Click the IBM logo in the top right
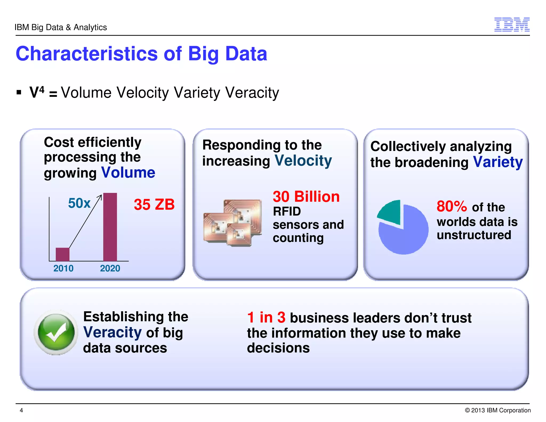512,25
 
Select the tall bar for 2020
110,227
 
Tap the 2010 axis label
63,268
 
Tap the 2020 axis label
110,268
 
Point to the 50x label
79,203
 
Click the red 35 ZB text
154,205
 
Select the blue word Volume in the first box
128,173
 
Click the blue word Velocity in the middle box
303,161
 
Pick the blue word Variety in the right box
498,162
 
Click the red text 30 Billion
306,197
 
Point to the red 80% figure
452,206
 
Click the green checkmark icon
56,332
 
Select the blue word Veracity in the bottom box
112,332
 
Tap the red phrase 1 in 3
266,317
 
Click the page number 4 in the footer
21,410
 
